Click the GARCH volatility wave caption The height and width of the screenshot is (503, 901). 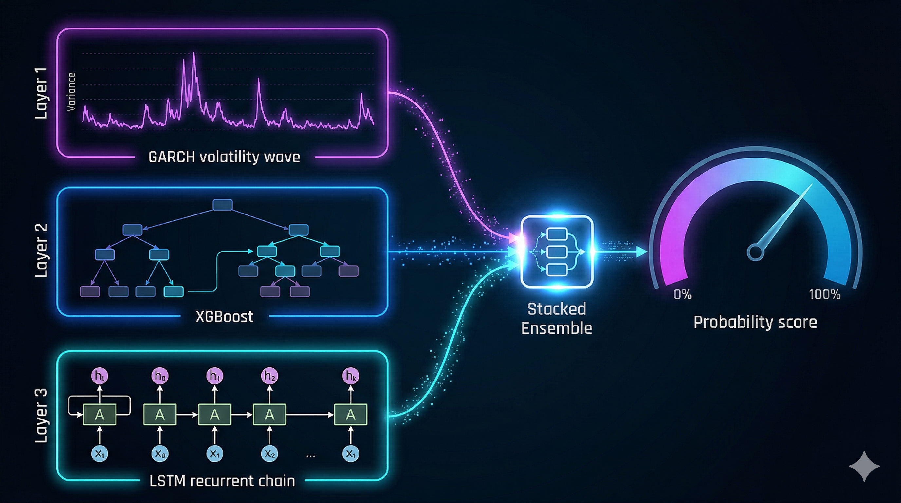click(224, 157)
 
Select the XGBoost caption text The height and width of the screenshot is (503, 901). click(224, 317)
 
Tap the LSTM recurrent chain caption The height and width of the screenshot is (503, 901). click(222, 481)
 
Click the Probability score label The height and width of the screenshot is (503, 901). click(755, 322)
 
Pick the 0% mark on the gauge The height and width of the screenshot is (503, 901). click(682, 294)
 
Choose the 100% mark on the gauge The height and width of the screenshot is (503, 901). click(825, 294)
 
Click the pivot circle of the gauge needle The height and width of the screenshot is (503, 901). click(755, 252)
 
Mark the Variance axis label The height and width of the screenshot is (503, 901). click(71, 92)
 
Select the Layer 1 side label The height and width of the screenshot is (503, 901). click(41, 93)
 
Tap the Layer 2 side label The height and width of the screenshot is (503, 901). click(41, 251)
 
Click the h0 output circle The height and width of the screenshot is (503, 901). click(160, 376)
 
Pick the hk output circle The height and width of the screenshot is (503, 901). click(350, 376)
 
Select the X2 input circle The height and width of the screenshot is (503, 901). click(269, 454)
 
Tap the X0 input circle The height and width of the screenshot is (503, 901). click(160, 454)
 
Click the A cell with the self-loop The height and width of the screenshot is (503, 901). click(100, 415)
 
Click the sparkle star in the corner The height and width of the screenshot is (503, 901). click(864, 466)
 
